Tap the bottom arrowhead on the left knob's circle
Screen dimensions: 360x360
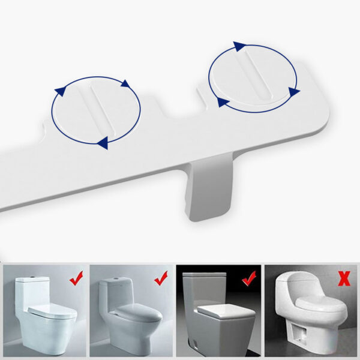point(103,142)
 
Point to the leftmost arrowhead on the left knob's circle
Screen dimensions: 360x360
point(60,91)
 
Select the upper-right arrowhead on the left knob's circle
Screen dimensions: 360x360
point(125,83)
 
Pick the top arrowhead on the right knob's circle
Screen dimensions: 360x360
point(239,46)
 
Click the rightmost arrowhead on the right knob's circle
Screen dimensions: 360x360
point(293,91)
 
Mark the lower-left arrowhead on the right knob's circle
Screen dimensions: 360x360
point(223,102)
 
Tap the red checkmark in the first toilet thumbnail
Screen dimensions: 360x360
point(76,278)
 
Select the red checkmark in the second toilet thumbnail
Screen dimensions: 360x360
point(161,278)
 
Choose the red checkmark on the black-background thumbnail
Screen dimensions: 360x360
point(248,278)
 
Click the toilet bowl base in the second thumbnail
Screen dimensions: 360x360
point(129,339)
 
